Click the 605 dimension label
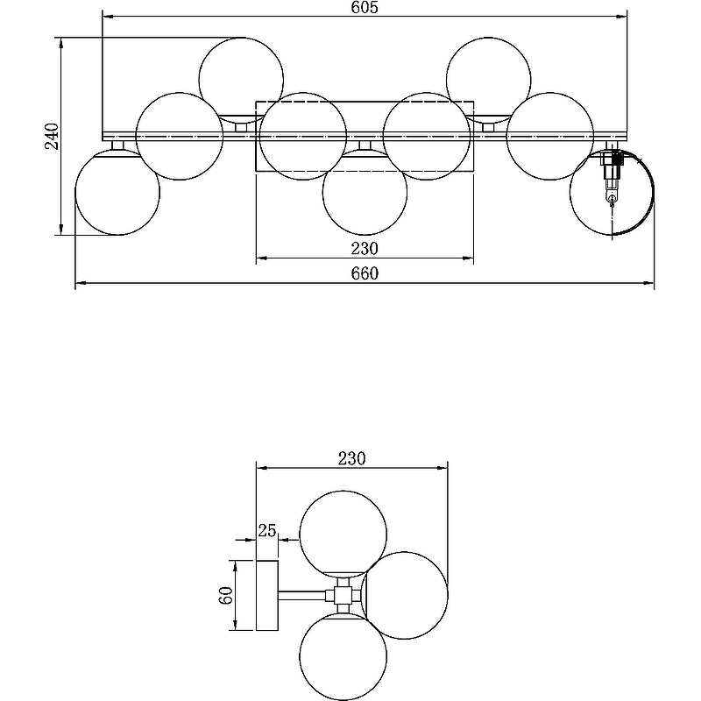pos(365,8)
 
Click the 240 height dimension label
pos(52,136)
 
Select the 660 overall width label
pos(365,273)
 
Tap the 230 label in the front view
pos(365,248)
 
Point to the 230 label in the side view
pos(352,458)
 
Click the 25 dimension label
pos(267,531)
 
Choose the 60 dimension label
pos(226,595)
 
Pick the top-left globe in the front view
pos(241,80)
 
